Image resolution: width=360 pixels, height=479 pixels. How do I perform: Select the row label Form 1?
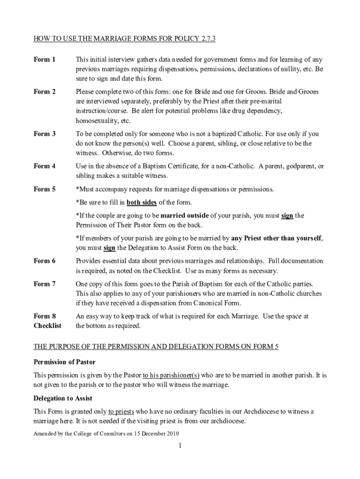[44, 59]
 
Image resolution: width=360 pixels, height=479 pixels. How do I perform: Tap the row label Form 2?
[44, 92]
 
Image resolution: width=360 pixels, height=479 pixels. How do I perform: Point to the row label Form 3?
[44, 134]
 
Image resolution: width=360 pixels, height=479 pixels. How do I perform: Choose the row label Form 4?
[44, 166]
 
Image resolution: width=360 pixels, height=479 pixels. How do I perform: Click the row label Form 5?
[44, 189]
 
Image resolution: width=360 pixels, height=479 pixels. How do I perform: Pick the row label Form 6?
[44, 261]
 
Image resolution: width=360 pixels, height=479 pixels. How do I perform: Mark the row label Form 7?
[44, 283]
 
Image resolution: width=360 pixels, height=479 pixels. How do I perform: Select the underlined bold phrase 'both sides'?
[142, 203]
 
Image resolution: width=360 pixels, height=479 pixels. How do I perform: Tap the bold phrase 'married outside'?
[184, 216]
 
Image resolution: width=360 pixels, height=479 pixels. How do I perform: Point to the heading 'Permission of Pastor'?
[65, 362]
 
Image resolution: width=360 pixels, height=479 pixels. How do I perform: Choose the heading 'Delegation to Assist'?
[63, 398]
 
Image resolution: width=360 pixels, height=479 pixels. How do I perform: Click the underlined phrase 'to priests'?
[121, 411]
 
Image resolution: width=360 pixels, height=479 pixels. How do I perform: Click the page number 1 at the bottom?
[180, 446]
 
